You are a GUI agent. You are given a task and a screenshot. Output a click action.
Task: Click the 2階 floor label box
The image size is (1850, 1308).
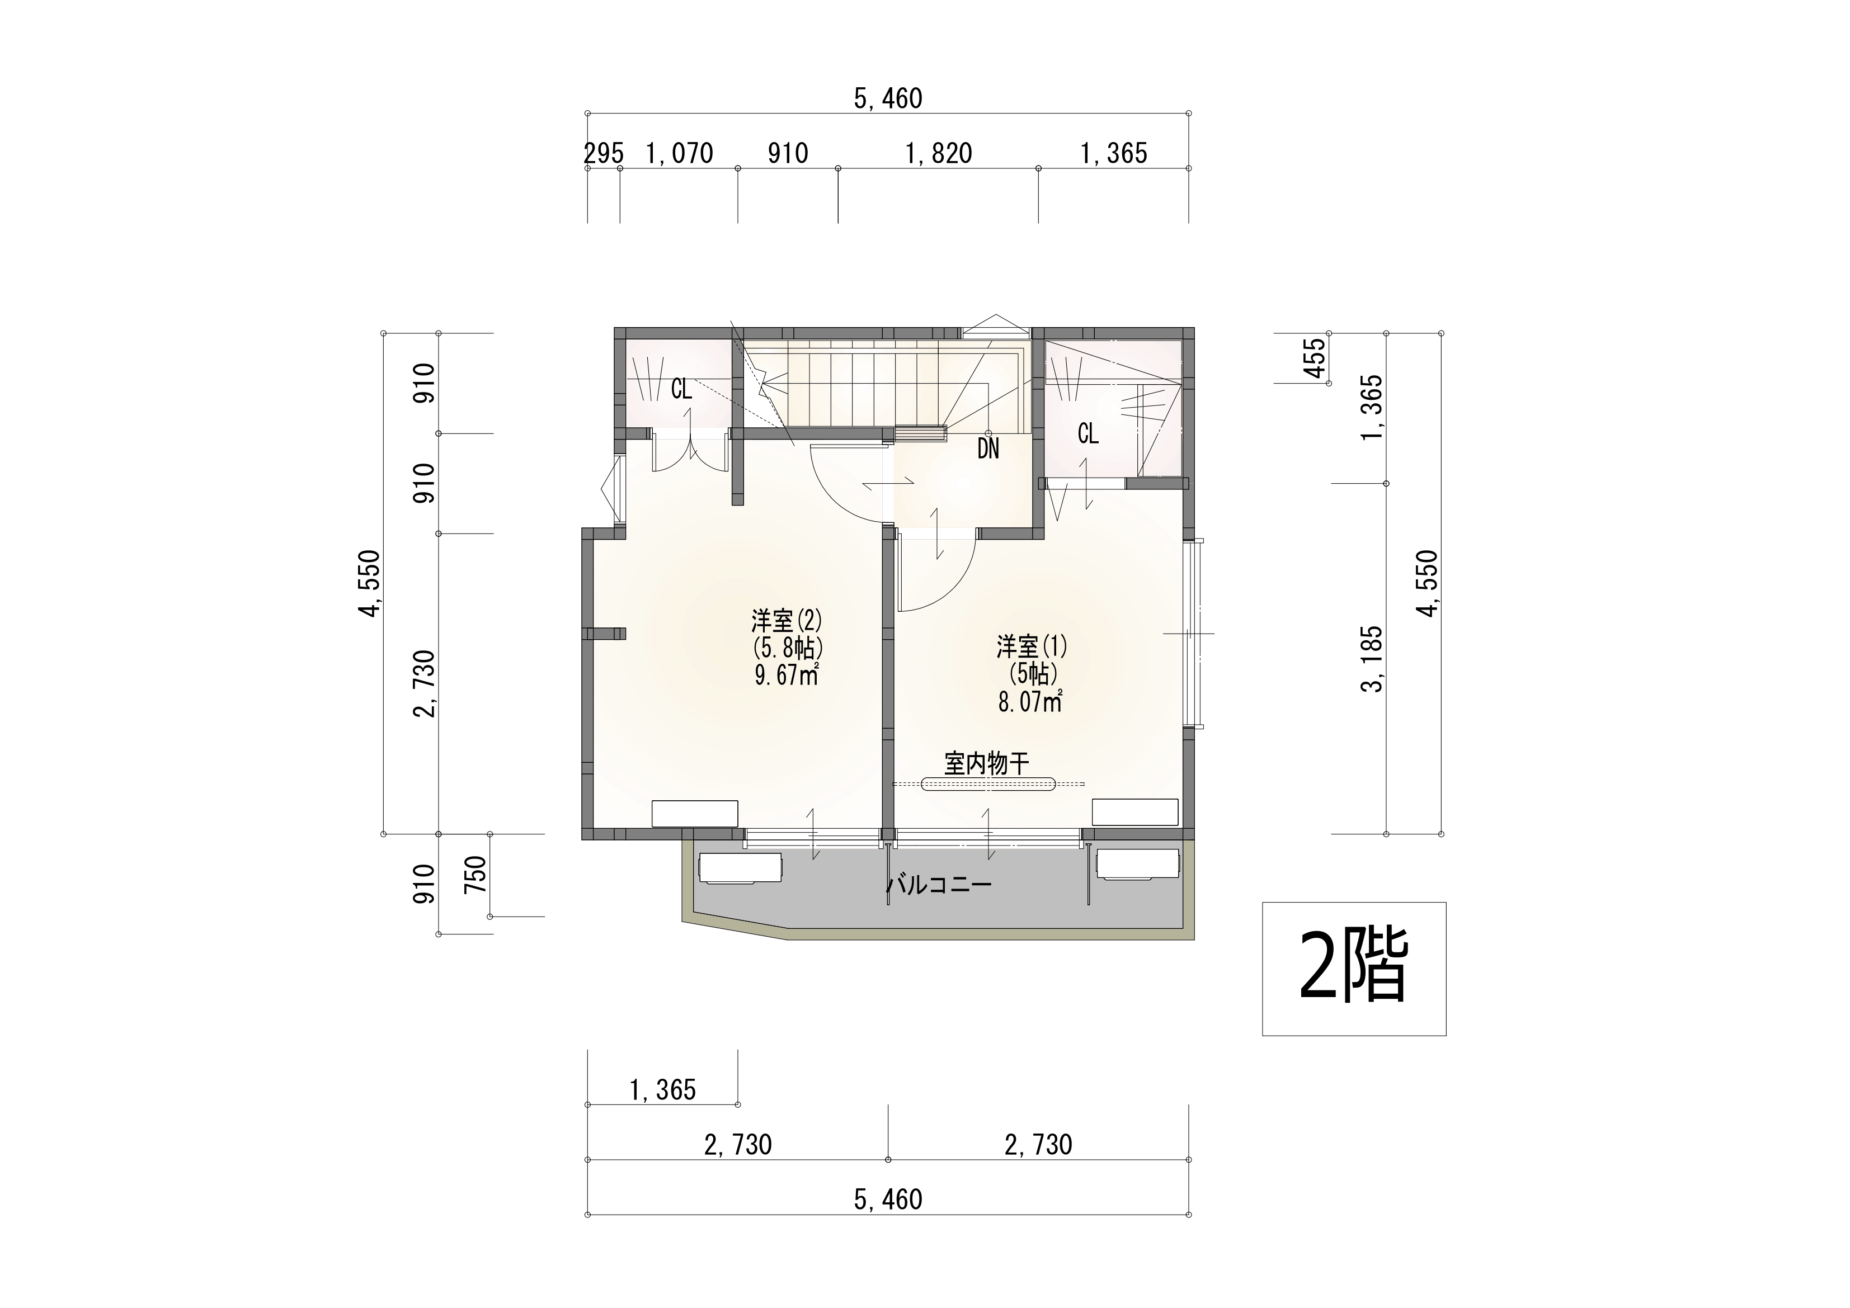(1354, 969)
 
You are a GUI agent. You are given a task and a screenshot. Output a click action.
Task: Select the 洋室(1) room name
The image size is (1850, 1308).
(1032, 647)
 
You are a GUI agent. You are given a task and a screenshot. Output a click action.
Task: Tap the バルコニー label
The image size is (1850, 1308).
(939, 885)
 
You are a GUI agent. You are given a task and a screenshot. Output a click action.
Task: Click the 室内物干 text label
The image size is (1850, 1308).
(987, 763)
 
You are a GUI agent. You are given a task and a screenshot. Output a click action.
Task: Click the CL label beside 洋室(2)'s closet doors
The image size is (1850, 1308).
(682, 390)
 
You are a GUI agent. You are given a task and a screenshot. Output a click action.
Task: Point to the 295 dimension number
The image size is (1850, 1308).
(604, 153)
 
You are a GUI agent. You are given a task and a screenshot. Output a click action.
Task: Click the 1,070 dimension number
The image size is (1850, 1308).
(680, 153)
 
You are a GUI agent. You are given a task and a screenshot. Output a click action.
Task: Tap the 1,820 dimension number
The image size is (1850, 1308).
(939, 153)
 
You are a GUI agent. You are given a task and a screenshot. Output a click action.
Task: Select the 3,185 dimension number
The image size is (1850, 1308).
(1371, 659)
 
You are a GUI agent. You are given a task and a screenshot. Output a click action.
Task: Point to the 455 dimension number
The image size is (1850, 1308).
(1314, 357)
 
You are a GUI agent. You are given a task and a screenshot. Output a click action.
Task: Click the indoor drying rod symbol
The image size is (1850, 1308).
(988, 783)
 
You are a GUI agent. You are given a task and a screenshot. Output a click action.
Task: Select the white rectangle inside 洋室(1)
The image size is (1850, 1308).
(1135, 812)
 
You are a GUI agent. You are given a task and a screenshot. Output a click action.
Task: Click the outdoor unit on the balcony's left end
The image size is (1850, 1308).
(740, 869)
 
